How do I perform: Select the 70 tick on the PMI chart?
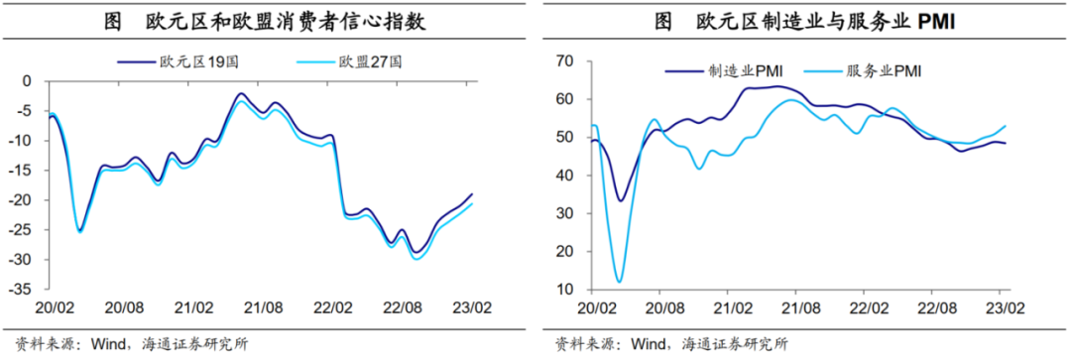(x=565, y=61)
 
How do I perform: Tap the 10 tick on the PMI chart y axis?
(x=565, y=290)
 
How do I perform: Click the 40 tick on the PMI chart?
(x=565, y=176)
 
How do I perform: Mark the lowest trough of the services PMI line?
(x=619, y=282)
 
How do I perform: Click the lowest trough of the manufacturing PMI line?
(x=621, y=200)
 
